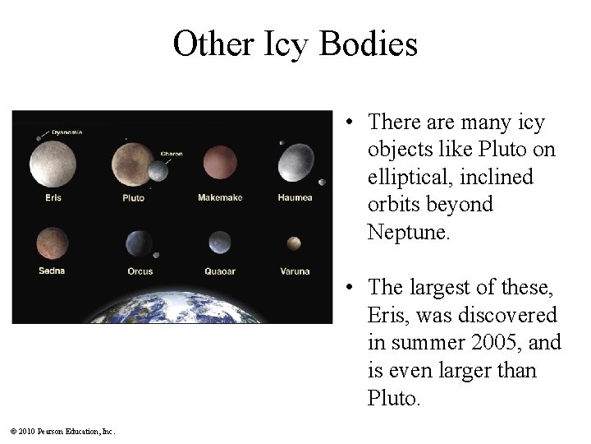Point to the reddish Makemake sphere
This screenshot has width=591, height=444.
(x=218, y=161)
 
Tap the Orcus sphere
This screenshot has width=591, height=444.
(x=139, y=243)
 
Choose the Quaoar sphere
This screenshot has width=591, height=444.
(x=219, y=243)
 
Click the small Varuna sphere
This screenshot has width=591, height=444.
(x=293, y=243)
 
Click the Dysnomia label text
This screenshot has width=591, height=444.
(x=66, y=132)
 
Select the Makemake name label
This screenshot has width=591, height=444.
(x=218, y=197)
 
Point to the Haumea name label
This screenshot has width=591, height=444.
(x=294, y=197)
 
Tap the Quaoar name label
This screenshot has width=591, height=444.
(x=219, y=271)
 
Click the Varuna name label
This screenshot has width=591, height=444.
(x=294, y=271)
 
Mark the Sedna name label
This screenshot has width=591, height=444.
(x=52, y=271)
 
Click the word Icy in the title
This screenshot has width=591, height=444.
(x=268, y=44)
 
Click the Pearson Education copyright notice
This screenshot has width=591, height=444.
(x=63, y=431)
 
